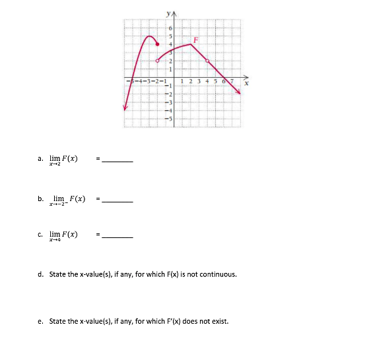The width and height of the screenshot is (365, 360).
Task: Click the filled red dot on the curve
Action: point(157,44)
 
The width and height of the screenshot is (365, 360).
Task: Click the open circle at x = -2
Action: point(157,60)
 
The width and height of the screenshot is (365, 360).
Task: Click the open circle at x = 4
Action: point(208,60)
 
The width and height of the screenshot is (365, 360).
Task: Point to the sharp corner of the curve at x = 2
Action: point(191,44)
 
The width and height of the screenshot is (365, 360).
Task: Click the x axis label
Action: point(248,84)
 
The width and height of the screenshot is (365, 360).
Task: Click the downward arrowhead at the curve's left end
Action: point(124,107)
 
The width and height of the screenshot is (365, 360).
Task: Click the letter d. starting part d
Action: point(41,274)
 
